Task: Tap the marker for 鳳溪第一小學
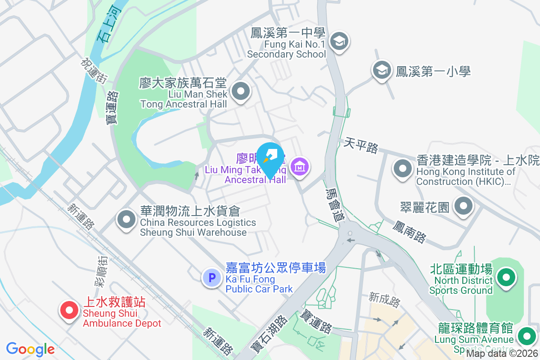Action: click(x=382, y=70)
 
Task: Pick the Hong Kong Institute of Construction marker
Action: click(x=403, y=169)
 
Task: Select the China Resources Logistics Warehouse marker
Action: click(x=126, y=220)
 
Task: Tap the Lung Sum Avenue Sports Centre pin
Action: click(x=526, y=336)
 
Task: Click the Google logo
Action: click(x=31, y=349)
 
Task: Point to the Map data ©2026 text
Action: click(x=502, y=354)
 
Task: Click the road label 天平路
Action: click(x=361, y=145)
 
